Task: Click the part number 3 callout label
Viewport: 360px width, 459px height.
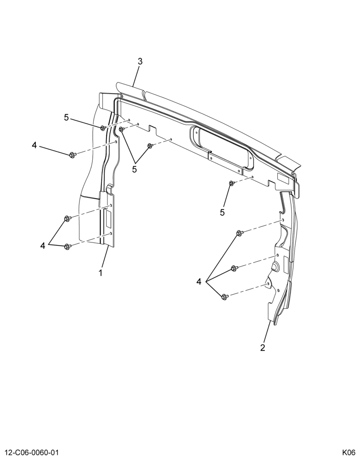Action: point(140,62)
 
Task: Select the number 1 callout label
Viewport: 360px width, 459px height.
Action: point(101,273)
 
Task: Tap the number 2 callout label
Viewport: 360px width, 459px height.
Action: point(263,348)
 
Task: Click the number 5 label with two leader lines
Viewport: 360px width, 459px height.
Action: point(135,169)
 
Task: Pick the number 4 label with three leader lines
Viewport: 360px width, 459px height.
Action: point(199,282)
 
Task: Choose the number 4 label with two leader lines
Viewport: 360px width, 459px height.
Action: point(43,246)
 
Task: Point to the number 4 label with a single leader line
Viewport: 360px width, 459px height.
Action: point(34,145)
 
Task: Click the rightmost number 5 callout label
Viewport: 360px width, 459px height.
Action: point(222,213)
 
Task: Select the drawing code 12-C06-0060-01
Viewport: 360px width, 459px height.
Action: point(31,452)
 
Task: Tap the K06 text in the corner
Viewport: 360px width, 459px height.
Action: point(349,452)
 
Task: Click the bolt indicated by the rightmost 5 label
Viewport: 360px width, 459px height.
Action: point(231,183)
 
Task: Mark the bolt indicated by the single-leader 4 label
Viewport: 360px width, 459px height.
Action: point(73,154)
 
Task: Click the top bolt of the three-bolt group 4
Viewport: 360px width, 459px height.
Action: point(239,233)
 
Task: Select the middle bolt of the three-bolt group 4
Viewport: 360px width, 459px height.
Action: point(234,268)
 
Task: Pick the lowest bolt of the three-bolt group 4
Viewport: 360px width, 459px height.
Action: point(225,297)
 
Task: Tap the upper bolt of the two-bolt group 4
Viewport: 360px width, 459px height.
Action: point(67,218)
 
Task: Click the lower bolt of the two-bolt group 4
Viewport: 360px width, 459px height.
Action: point(67,246)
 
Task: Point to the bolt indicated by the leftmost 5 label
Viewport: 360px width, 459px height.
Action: point(103,128)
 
